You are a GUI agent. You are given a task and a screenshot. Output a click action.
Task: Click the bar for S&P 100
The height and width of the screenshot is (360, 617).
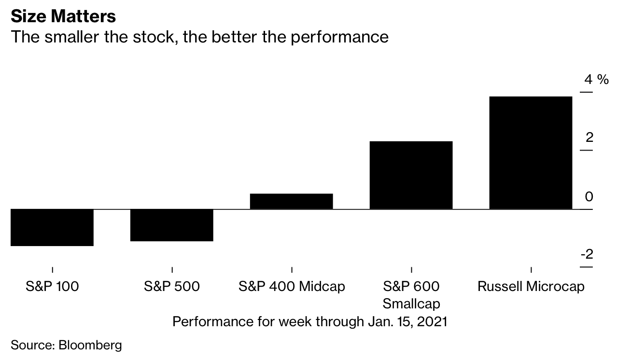tap(52, 228)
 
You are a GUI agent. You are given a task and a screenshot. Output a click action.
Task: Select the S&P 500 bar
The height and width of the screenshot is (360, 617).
tap(172, 225)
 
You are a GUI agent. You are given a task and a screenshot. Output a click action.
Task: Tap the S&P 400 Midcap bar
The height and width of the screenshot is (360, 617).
tap(292, 201)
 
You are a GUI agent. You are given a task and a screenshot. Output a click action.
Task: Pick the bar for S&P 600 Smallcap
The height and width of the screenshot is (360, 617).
tap(411, 175)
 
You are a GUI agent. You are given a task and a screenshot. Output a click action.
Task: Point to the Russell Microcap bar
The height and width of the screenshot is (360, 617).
tap(531, 153)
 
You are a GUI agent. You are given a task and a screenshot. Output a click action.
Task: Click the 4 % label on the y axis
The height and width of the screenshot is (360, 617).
tap(596, 80)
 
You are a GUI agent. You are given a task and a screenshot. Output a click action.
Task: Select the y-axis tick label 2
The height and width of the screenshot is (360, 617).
tap(589, 138)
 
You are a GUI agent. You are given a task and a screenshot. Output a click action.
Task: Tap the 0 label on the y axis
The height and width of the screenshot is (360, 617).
tap(589, 196)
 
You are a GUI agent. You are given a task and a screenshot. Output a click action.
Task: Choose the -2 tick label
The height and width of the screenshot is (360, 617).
tap(587, 254)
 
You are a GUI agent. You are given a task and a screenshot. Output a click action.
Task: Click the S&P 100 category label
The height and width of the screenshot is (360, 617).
tap(52, 286)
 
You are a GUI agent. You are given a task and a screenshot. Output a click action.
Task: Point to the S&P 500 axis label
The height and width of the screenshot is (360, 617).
tap(172, 286)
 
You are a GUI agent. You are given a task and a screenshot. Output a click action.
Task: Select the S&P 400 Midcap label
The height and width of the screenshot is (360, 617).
tap(292, 286)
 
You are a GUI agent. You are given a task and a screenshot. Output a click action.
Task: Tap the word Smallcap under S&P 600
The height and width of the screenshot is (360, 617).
tap(411, 304)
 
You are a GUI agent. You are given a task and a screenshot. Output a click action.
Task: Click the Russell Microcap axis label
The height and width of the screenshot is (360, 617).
tap(531, 286)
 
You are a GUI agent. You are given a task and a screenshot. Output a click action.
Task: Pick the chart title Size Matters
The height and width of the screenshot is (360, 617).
tap(63, 16)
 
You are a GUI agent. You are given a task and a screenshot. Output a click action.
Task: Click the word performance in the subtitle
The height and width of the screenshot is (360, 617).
tap(339, 37)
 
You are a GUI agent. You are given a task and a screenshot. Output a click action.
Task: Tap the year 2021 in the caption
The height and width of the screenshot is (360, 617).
tap(432, 321)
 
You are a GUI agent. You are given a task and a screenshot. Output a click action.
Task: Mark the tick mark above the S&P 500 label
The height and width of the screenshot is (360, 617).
tap(172, 270)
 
